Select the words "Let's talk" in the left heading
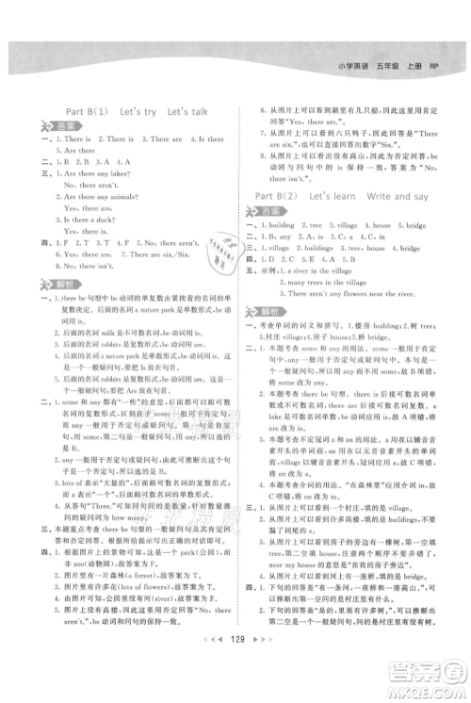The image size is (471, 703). [x=197, y=112]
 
